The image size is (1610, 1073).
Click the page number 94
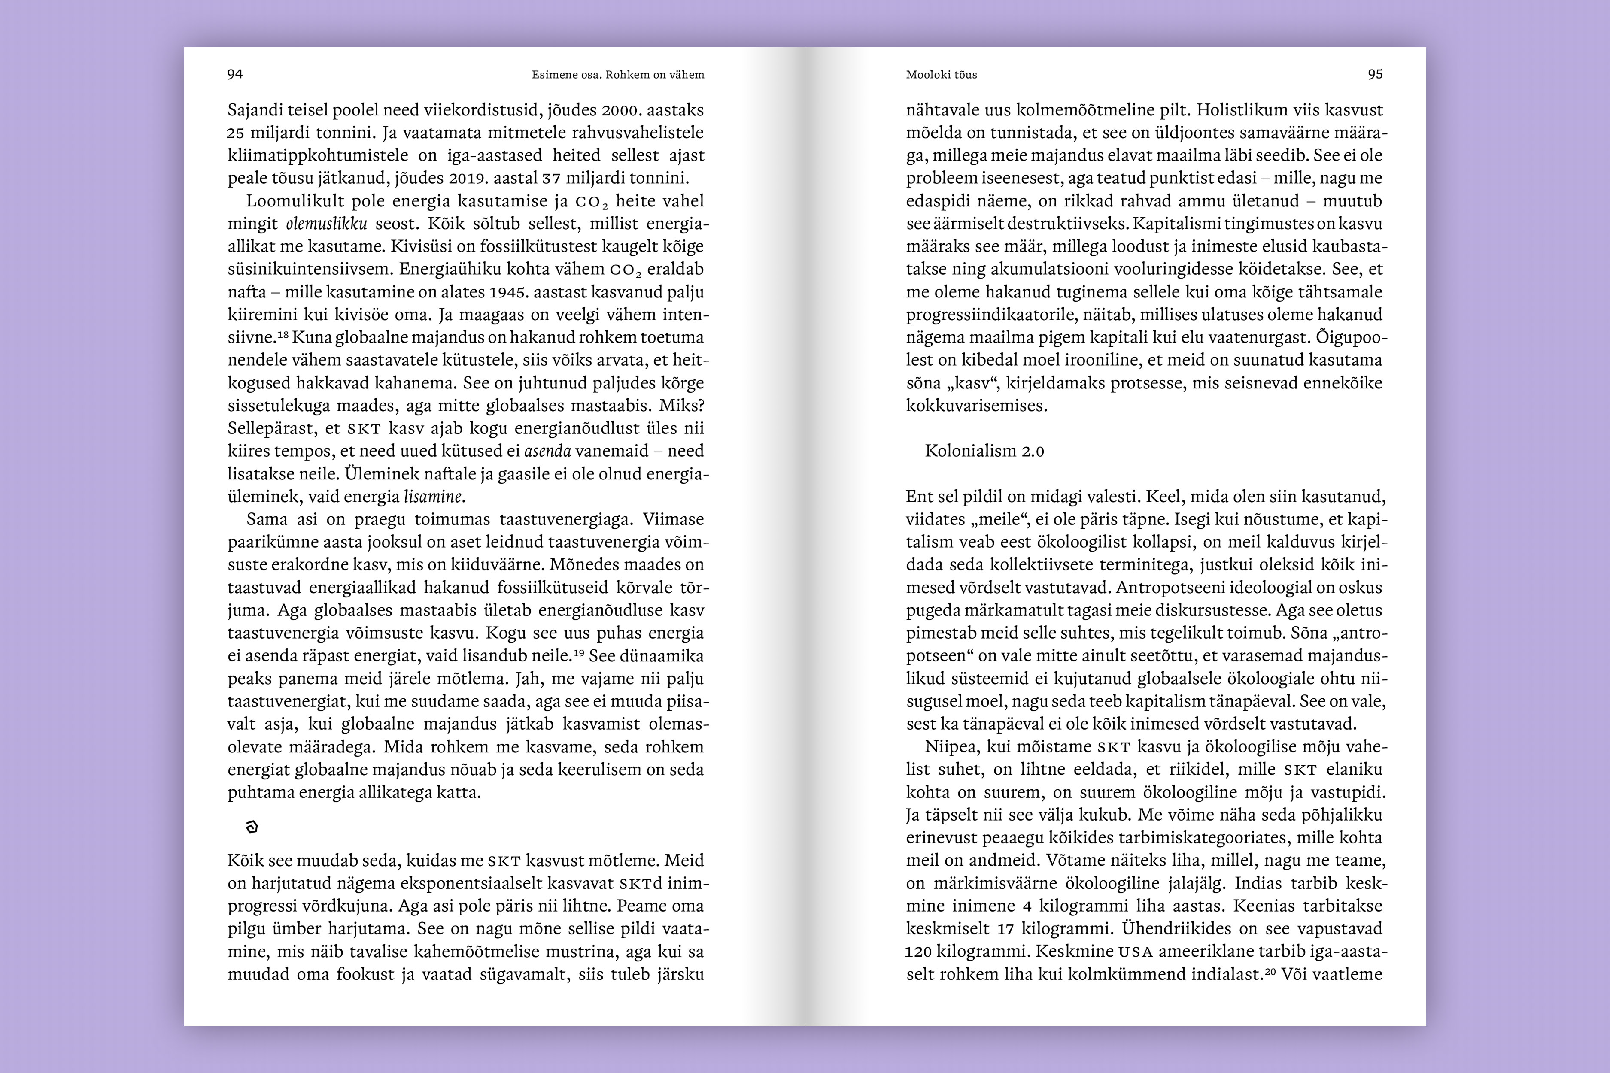pyautogui.click(x=235, y=74)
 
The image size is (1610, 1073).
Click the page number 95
pyautogui.click(x=1375, y=74)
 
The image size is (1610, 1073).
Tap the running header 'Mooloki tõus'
pyautogui.click(x=941, y=75)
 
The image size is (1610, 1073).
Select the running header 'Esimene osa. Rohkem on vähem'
pyautogui.click(x=617, y=75)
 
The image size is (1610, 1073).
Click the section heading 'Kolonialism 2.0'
pyautogui.click(x=984, y=451)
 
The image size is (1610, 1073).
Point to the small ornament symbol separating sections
pyautogui.click(x=252, y=827)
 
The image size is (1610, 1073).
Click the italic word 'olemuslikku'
pyautogui.click(x=327, y=224)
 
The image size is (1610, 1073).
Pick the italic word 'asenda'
pyautogui.click(x=547, y=451)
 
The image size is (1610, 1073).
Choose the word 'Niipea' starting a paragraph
pyautogui.click(x=950, y=746)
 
